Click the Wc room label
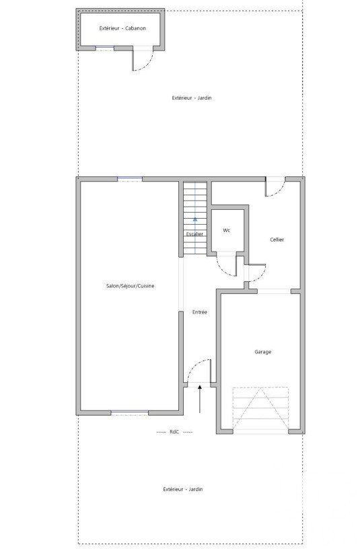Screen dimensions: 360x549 227,230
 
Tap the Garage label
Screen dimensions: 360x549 262,352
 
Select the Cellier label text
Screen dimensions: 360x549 277,240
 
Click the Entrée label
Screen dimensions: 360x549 200,312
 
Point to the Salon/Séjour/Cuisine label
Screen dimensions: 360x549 130,286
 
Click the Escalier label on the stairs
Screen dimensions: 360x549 194,234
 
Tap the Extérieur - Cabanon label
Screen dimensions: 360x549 122,28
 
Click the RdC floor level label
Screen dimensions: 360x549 174,432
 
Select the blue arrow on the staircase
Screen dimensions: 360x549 194,220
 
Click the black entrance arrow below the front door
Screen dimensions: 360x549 200,399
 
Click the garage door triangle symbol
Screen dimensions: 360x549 260,408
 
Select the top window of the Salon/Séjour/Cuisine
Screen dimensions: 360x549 130,179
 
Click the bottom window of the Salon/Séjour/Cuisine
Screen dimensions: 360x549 130,413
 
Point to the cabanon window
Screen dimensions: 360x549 105,48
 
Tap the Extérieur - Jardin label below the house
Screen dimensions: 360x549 183,489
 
